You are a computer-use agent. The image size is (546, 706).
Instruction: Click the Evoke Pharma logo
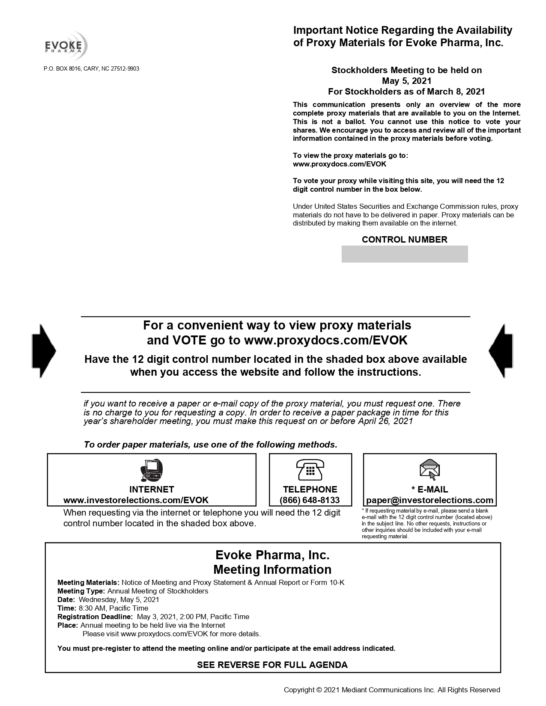[67, 45]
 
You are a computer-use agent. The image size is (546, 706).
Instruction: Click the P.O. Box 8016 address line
[91, 69]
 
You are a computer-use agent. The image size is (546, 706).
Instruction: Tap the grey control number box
[404, 254]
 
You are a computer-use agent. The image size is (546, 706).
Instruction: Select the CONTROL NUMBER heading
[404, 240]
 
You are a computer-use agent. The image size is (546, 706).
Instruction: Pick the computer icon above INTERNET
[152, 470]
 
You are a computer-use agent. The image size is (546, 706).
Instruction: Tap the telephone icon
[310, 470]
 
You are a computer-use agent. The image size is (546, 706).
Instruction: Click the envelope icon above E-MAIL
[430, 469]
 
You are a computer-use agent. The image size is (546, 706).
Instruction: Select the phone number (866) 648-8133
[310, 500]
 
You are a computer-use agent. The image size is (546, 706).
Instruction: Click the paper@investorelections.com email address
[430, 500]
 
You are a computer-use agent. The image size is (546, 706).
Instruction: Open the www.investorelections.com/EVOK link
[136, 500]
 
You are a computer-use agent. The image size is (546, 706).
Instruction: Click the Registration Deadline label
[95, 617]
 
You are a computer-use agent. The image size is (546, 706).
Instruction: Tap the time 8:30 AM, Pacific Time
[113, 608]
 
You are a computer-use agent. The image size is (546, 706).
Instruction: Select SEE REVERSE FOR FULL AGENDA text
[272, 664]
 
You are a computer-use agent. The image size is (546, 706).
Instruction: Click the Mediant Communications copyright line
[391, 690]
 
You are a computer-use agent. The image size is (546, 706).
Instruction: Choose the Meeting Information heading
[272, 570]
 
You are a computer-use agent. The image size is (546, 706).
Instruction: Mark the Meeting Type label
[81, 591]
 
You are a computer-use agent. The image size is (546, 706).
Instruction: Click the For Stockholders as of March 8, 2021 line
[406, 91]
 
